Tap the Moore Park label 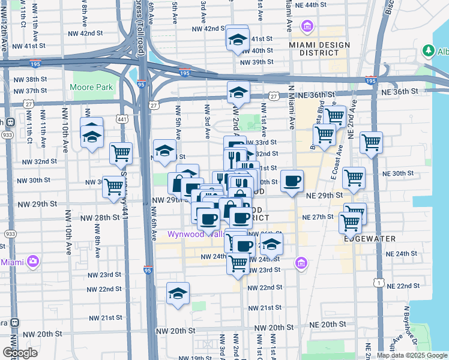[x=91, y=87]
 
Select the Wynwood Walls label [x=190, y=234]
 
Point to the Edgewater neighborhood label [x=369, y=238]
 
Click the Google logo [x=20, y=352]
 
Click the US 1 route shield [x=378, y=281]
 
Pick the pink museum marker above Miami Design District [x=308, y=26]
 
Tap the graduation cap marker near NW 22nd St [x=178, y=293]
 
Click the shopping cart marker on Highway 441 [x=121, y=153]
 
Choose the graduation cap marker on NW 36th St [x=238, y=92]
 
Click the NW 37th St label [x=29, y=91]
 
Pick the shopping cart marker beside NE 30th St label [x=354, y=178]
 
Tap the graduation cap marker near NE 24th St [x=271, y=244]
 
